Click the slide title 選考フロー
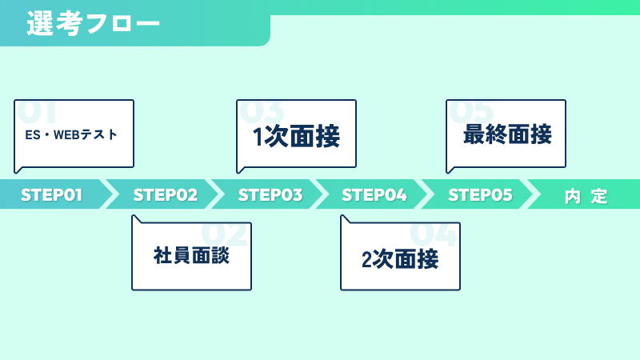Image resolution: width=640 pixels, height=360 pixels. (x=93, y=23)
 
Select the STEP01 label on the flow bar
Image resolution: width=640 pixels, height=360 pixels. (x=51, y=194)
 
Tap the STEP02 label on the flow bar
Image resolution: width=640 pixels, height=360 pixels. (x=166, y=194)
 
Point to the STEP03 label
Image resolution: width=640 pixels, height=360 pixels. (x=270, y=194)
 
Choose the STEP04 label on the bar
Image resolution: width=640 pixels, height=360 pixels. (x=374, y=194)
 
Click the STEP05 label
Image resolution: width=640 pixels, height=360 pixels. (x=480, y=194)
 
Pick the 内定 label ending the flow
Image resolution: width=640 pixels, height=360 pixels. (x=586, y=196)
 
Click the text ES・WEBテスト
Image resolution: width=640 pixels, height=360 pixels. (x=71, y=134)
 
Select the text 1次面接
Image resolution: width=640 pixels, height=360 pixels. (x=296, y=136)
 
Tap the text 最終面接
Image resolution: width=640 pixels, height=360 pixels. (x=507, y=134)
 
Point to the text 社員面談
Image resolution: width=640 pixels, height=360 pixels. (x=191, y=255)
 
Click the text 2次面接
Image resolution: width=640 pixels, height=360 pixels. (x=400, y=259)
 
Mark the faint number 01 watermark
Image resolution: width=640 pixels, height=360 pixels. (x=36, y=111)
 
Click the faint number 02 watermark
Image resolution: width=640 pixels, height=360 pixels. (x=224, y=234)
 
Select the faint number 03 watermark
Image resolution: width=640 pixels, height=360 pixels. (x=262, y=111)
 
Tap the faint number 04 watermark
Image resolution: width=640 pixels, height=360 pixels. (x=433, y=234)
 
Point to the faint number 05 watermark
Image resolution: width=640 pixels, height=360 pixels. (x=471, y=111)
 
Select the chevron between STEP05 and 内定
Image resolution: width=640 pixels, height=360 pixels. (x=533, y=194)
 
